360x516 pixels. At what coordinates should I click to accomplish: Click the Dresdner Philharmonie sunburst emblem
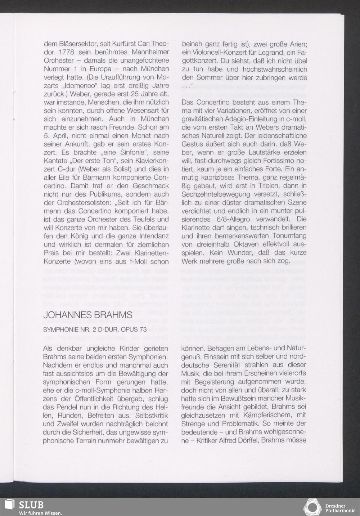point(312,507)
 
